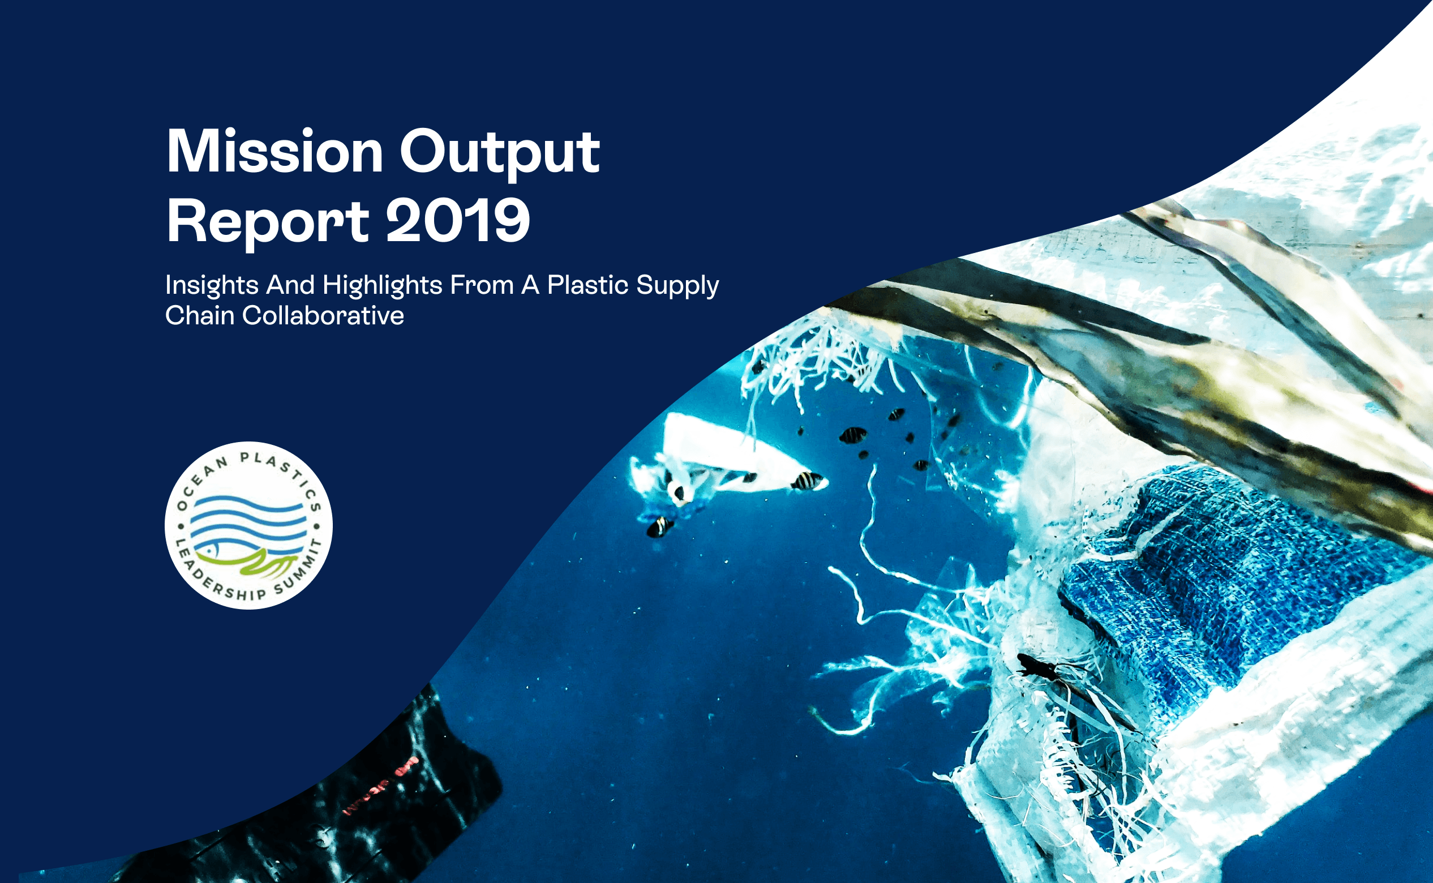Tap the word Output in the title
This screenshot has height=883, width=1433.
click(x=500, y=153)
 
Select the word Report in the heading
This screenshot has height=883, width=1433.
click(x=268, y=222)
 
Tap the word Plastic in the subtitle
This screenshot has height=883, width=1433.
click(x=588, y=284)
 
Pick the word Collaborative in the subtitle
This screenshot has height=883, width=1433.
click(x=323, y=315)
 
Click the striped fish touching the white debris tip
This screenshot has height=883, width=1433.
click(x=807, y=481)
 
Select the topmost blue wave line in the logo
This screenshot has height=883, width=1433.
click(x=248, y=503)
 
